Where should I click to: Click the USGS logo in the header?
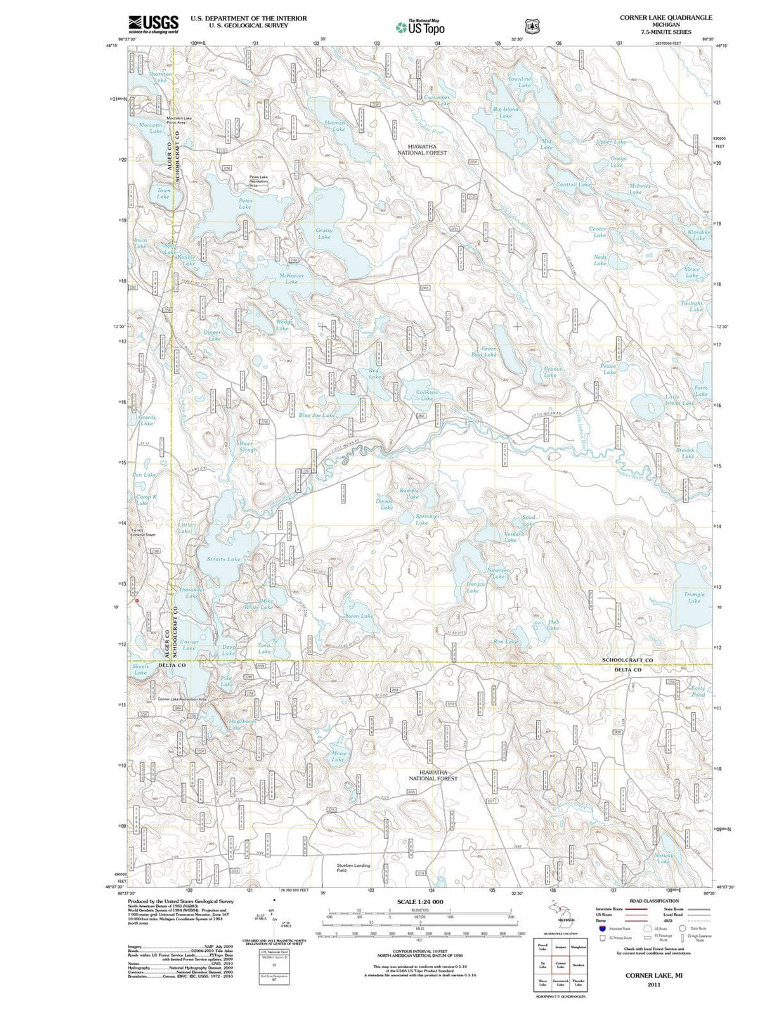(153, 25)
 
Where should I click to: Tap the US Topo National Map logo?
(420, 27)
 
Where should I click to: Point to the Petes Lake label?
(245, 204)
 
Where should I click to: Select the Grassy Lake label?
(324, 233)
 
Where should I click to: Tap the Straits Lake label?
(223, 559)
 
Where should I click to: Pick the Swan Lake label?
(359, 616)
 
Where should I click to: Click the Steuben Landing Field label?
(353, 868)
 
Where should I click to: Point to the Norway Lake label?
(663, 858)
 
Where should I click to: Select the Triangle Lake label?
(694, 598)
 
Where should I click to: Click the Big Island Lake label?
(505, 112)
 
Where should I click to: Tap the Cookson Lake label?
(427, 395)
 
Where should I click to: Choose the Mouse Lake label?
(338, 756)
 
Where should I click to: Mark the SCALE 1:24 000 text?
(420, 901)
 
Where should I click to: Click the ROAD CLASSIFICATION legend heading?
(654, 901)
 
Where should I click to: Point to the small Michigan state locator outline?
(560, 911)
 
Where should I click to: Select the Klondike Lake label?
(699, 235)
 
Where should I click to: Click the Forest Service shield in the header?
(532, 26)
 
